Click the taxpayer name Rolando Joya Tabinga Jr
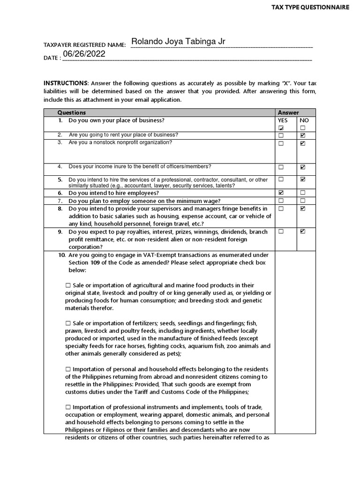click(x=178, y=42)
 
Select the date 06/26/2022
click(x=84, y=54)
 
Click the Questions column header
click(x=71, y=112)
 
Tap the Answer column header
click(x=288, y=112)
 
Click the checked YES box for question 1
click(x=281, y=128)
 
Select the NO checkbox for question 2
click(x=302, y=135)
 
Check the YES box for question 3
click(x=281, y=143)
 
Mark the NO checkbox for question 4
click(x=302, y=167)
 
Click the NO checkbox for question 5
click(x=302, y=179)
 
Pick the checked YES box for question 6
click(x=281, y=193)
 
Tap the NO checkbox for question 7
click(x=302, y=201)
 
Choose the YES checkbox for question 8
click(x=281, y=209)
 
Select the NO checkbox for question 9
click(x=302, y=231)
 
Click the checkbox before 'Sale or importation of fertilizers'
click(x=68, y=323)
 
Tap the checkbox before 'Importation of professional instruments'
click(x=68, y=407)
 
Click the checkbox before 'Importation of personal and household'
click(x=68, y=369)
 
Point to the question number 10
click(x=62, y=255)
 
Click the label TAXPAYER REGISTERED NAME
click(x=84, y=45)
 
